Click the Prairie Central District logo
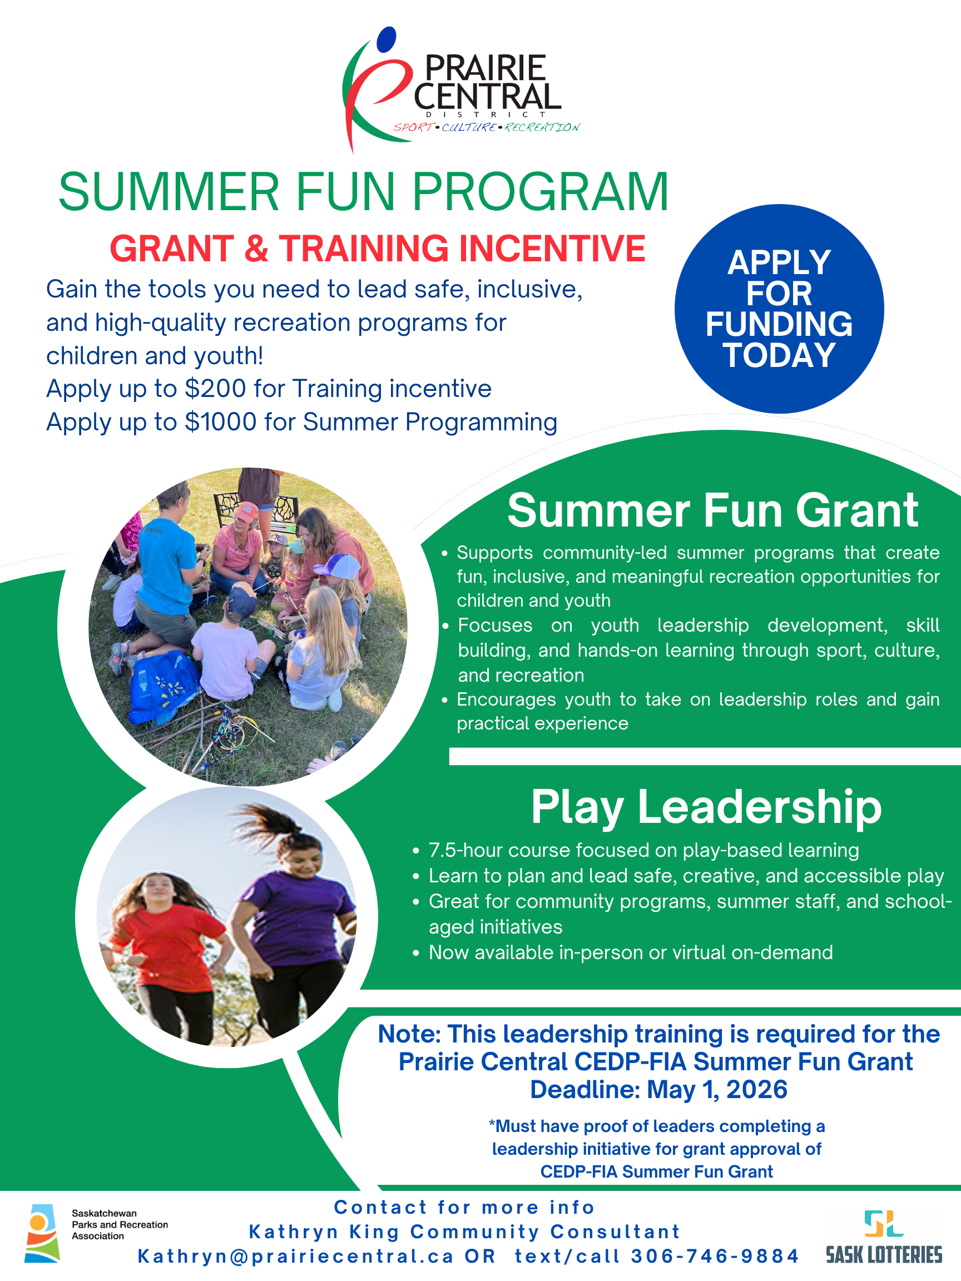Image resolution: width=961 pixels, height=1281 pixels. pyautogui.click(x=460, y=90)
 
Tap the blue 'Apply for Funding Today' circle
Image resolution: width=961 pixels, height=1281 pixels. pyautogui.click(x=779, y=309)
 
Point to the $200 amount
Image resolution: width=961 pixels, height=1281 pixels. pyautogui.click(x=215, y=389)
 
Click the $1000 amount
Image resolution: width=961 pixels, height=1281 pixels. pyautogui.click(x=221, y=421)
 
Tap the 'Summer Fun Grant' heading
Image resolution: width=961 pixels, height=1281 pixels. pyautogui.click(x=712, y=510)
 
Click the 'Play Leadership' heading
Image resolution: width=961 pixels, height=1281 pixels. pyautogui.click(x=706, y=807)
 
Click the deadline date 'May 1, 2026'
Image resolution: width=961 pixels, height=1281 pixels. pyautogui.click(x=717, y=1089)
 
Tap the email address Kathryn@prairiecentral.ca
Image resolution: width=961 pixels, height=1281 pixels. pyautogui.click(x=295, y=1256)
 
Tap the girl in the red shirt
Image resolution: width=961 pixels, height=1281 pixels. pyautogui.click(x=165, y=956)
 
